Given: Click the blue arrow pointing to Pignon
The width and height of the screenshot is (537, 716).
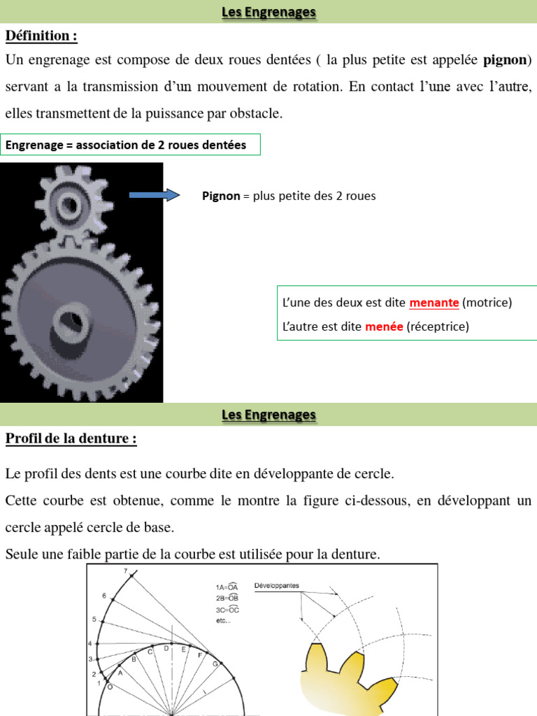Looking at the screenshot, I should pos(155,195).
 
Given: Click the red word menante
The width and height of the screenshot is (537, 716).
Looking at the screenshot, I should pos(434,303).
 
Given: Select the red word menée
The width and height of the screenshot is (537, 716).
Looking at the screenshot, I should pos(384,326).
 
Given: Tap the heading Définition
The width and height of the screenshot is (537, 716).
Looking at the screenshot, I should pos(41,36).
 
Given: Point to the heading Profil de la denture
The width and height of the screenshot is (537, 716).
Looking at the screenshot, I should pos(71,439).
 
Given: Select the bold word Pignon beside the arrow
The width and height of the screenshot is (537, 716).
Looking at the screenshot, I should pos(220,196).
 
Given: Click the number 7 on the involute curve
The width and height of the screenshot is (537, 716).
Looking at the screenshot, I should pos(126,571).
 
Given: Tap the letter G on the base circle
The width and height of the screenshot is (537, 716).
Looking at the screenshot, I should pos(215,664).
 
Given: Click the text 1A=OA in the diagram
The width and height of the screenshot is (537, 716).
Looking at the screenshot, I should pos(228,587).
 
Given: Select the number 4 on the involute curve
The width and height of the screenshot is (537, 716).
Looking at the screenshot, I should pos(89,643).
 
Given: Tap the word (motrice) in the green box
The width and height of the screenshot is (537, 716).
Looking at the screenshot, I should pos(487,303).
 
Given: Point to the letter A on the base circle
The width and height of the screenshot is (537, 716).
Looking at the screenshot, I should pos(120,673).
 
